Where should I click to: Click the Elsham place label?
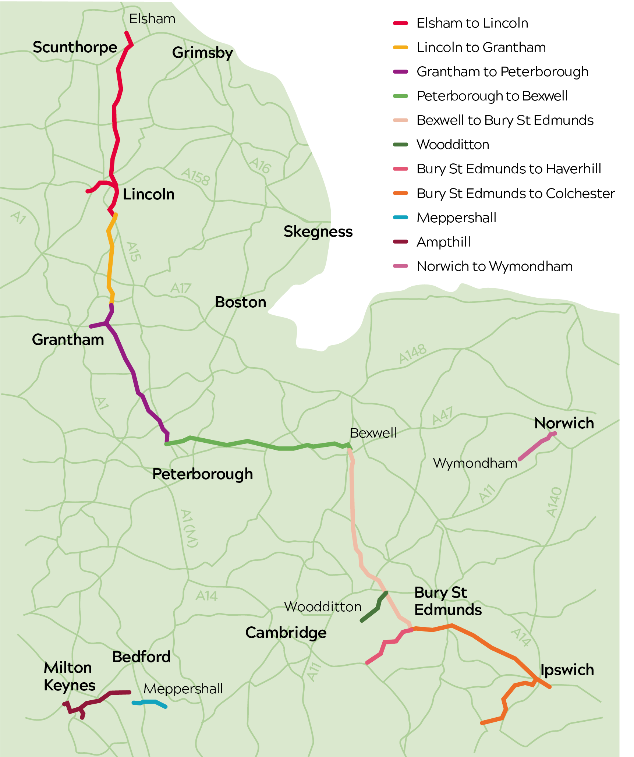click(x=152, y=19)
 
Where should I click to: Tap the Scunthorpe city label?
click(x=75, y=47)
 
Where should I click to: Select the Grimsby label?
click(x=202, y=53)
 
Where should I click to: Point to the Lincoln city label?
click(x=149, y=194)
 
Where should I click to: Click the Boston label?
click(x=240, y=302)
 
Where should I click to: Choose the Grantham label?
click(x=68, y=340)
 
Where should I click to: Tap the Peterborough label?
click(x=202, y=474)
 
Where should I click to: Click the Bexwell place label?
click(x=373, y=433)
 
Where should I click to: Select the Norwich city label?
click(x=564, y=423)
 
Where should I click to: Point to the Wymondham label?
click(x=475, y=463)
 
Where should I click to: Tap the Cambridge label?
click(x=286, y=633)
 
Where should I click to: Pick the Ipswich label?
click(x=567, y=670)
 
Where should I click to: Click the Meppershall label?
click(x=183, y=689)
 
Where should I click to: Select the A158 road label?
click(x=196, y=177)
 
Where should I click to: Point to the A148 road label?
click(x=413, y=354)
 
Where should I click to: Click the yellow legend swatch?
click(x=400, y=47)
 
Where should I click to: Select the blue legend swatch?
click(x=400, y=217)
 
